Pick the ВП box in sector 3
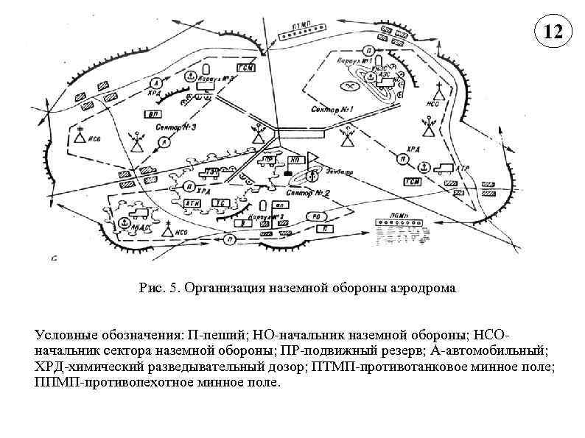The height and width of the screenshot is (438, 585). [x=153, y=114]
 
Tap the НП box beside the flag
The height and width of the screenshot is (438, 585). [x=294, y=159]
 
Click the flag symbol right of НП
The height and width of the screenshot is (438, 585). [x=312, y=157]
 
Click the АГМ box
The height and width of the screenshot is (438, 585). [x=192, y=202]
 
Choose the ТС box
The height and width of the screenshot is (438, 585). [x=218, y=202]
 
